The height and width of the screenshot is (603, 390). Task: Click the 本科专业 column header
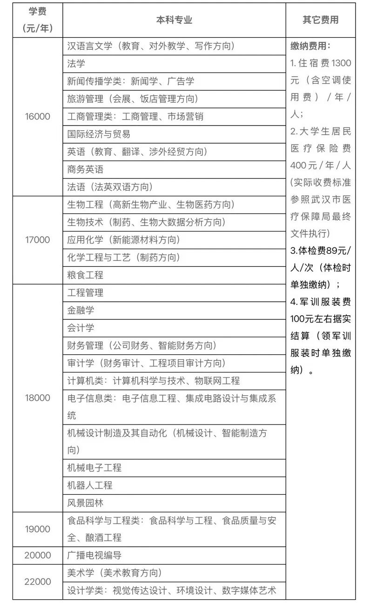(174, 20)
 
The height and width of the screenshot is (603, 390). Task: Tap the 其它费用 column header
(321, 20)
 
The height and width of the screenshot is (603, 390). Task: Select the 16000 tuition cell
(38, 117)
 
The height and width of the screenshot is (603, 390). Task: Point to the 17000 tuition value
(38, 240)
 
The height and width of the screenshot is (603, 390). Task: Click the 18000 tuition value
(38, 398)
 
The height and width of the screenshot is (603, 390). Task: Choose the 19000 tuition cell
(38, 529)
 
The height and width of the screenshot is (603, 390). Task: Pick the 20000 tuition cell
(38, 556)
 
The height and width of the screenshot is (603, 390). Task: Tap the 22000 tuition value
(38, 582)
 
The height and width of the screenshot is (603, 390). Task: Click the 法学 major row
(76, 64)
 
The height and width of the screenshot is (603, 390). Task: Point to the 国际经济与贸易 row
(99, 134)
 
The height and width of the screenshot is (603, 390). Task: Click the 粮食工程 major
(85, 275)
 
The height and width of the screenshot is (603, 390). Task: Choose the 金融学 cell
(81, 310)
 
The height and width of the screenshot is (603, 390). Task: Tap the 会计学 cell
(81, 328)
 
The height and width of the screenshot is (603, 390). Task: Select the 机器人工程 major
(90, 485)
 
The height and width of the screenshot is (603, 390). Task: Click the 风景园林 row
(85, 503)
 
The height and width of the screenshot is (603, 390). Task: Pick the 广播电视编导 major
(94, 556)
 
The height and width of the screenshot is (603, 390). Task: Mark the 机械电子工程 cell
(94, 468)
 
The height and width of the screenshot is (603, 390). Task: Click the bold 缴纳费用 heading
(310, 46)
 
